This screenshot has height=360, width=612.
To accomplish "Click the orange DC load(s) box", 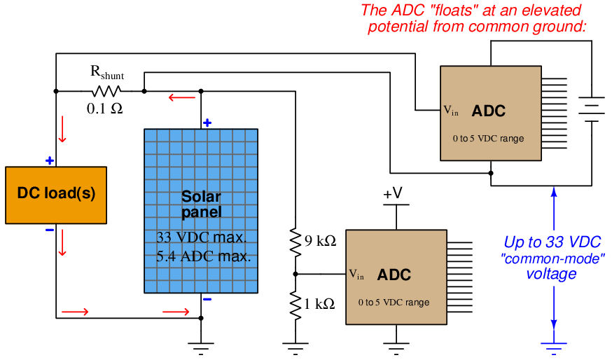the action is [56, 195].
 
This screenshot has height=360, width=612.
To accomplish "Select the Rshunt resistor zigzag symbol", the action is [106, 91].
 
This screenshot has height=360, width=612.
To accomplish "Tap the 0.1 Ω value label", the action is [104, 109].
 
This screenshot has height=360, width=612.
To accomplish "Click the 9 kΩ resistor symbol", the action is [295, 242].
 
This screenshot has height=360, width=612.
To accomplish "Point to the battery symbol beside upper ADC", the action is [592, 109].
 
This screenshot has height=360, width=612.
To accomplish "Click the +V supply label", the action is [393, 193].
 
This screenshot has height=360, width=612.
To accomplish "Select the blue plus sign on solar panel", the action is [207, 123].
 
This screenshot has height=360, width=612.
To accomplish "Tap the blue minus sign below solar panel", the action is [207, 300].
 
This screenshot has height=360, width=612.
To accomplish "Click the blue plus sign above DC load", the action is [50, 160].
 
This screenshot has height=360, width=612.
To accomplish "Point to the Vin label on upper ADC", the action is [451, 111].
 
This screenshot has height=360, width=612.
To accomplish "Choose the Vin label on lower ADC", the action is [356, 275].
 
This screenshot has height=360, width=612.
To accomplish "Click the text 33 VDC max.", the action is [202, 237].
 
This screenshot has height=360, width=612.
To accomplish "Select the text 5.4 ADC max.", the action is [203, 256].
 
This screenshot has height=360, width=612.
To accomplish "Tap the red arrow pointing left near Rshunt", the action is [182, 97].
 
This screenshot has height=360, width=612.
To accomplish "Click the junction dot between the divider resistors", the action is [295, 274].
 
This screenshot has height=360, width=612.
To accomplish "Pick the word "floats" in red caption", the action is [454, 10].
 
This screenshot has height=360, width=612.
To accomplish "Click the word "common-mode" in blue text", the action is [552, 258].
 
